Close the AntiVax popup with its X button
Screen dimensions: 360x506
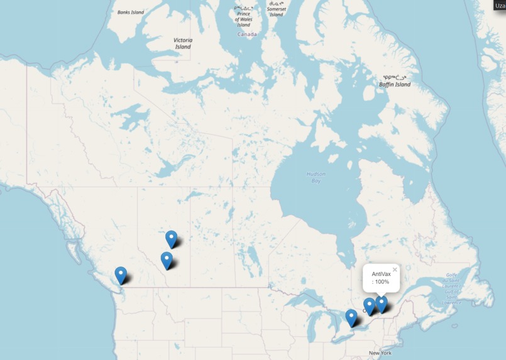pyautogui.click(x=395, y=270)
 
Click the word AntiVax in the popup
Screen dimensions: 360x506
pyautogui.click(x=381, y=274)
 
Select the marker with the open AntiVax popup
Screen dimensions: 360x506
pyautogui.click(x=381, y=304)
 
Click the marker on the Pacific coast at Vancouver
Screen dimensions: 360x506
pyautogui.click(x=121, y=275)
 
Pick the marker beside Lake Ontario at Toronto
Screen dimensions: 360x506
pyautogui.click(x=351, y=317)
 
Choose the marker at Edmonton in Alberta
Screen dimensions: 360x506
pyautogui.click(x=172, y=239)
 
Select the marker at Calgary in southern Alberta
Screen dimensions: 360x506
pyautogui.click(x=167, y=260)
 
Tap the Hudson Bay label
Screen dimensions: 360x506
pyautogui.click(x=316, y=177)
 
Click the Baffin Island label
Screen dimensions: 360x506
pyautogui.click(x=395, y=84)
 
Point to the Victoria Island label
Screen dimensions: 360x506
pyautogui.click(x=183, y=43)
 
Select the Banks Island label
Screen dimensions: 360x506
pyautogui.click(x=131, y=12)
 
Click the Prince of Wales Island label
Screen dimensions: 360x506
pyautogui.click(x=243, y=18)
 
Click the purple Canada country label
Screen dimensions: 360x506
pyautogui.click(x=247, y=35)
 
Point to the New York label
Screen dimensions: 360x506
pyautogui.click(x=380, y=353)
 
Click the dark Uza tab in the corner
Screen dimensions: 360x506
pyautogui.click(x=500, y=5)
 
